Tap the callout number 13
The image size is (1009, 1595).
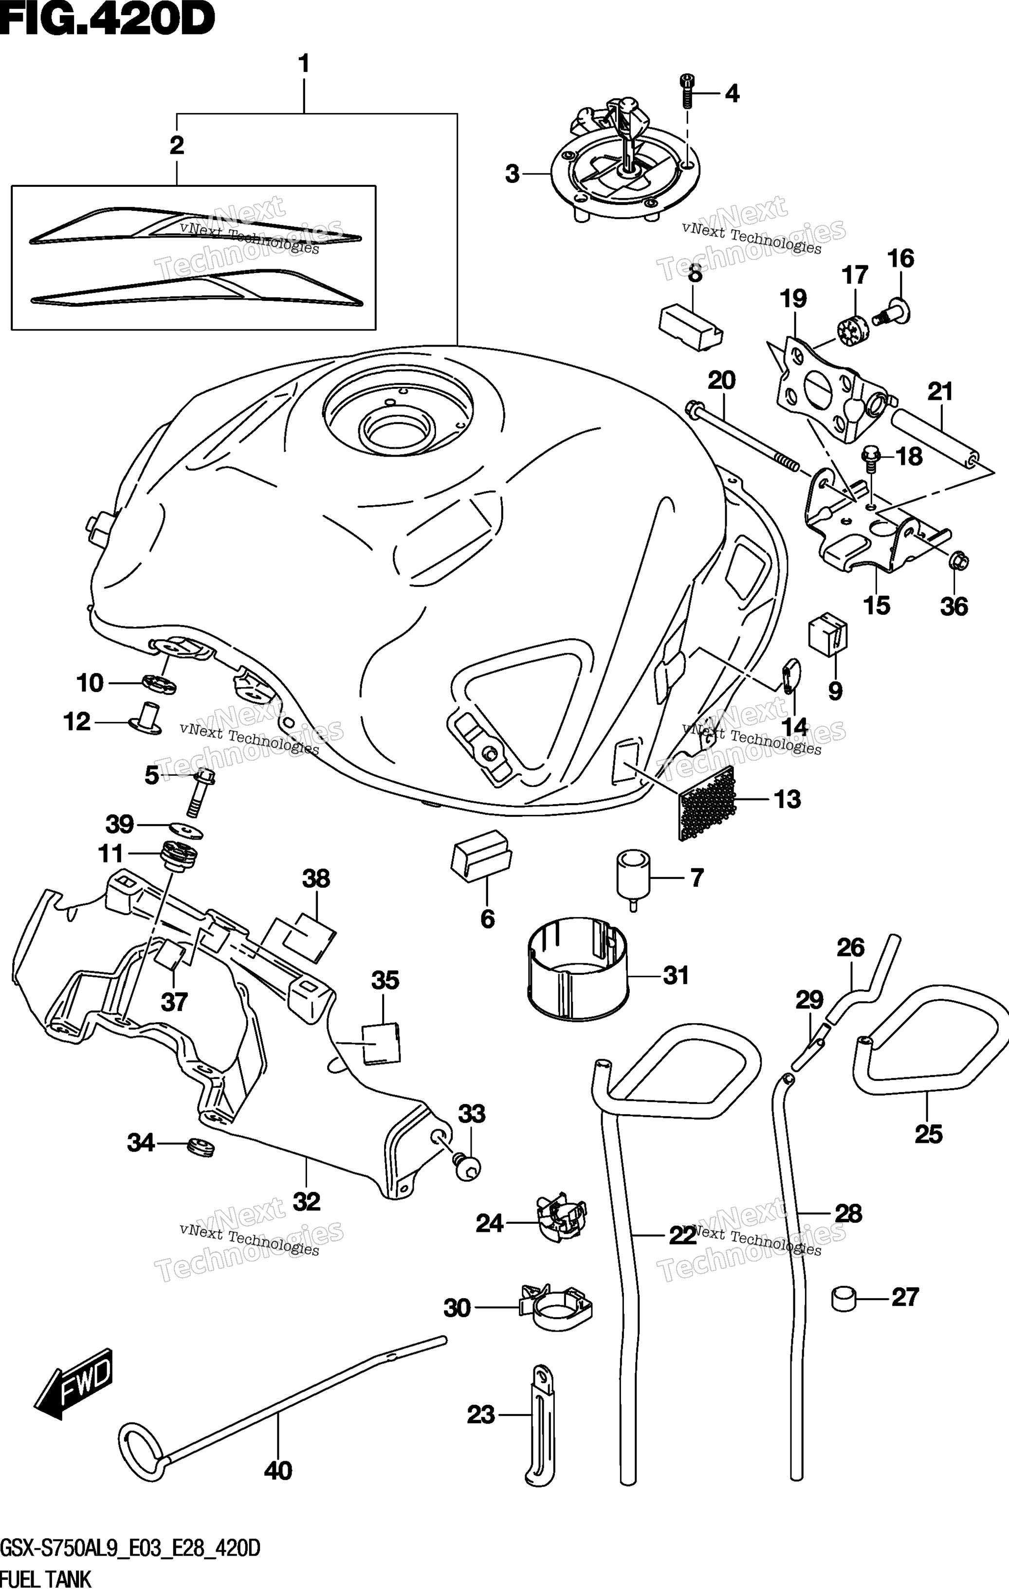point(787,800)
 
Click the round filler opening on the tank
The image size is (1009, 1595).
point(396,428)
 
